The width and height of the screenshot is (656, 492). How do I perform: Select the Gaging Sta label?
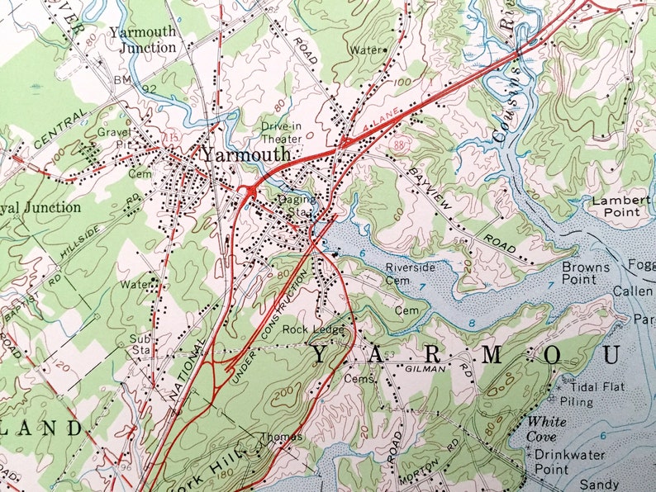[x=295, y=206]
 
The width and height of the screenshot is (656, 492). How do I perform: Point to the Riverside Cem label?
[x=411, y=273]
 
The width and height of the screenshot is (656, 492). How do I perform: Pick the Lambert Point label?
[x=616, y=206]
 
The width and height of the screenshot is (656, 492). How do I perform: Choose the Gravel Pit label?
[x=113, y=137]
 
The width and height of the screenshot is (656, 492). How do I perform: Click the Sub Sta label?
[x=138, y=344]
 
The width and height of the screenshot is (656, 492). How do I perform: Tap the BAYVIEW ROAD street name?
[x=462, y=211]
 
